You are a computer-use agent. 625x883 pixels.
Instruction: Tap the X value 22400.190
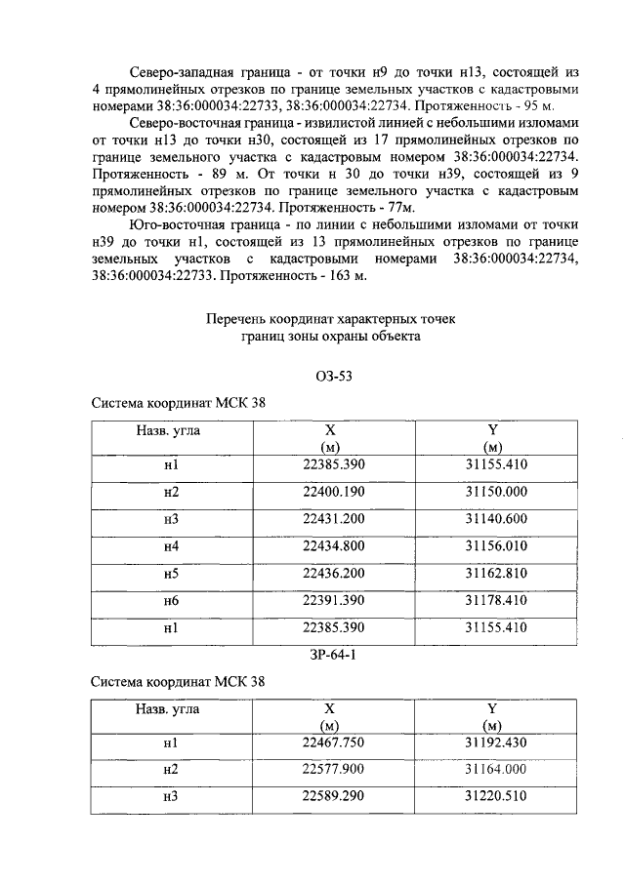click(x=333, y=492)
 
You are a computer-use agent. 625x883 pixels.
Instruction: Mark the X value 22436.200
click(x=333, y=574)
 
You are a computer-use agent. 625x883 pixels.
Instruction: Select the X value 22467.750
click(x=333, y=743)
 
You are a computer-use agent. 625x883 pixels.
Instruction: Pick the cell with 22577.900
click(x=333, y=770)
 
